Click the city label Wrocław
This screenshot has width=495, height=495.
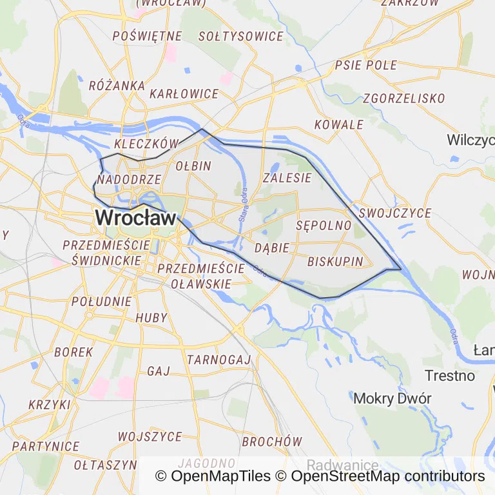135,218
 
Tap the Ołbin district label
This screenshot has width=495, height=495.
193,166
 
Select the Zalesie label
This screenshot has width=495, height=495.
287,178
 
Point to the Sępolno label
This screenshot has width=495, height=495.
324,226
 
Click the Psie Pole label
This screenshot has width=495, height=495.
366,65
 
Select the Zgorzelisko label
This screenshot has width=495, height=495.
404,99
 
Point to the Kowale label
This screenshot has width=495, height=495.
339,124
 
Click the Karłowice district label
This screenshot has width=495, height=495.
184,94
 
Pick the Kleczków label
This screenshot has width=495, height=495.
145,142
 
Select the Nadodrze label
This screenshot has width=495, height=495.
129,179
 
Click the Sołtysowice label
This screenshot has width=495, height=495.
241,37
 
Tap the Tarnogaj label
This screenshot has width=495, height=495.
218,359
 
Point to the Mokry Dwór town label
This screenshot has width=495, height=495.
392,398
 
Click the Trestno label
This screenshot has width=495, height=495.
450,375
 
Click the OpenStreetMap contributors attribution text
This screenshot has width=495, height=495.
388,476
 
